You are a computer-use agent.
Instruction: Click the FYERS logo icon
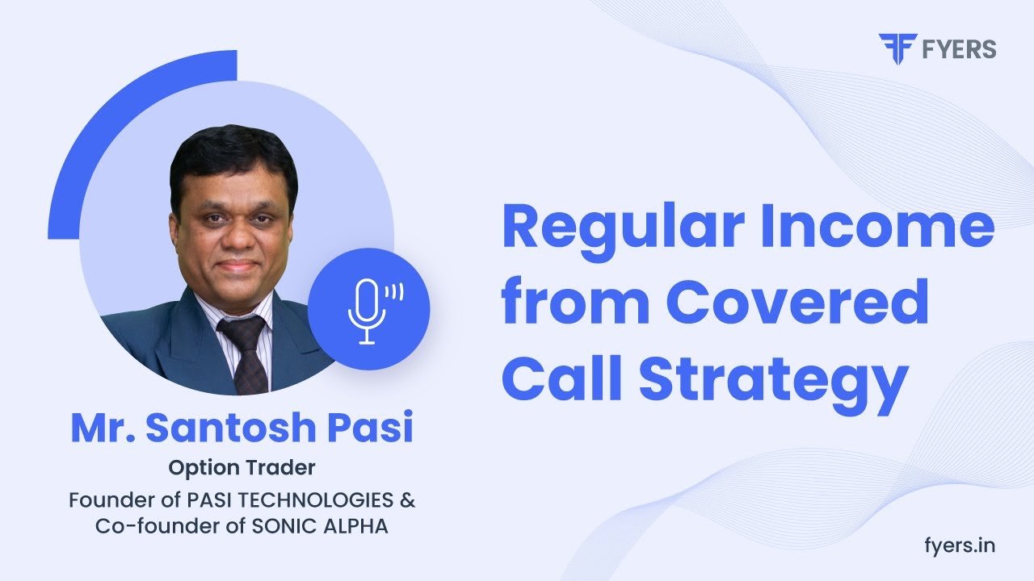coord(893,48)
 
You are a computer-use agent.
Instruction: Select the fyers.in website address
coord(959,545)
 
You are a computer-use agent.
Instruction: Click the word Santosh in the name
coord(229,428)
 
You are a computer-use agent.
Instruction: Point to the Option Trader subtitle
coord(242,467)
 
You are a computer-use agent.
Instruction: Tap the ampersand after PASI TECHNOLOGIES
coord(408,499)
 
